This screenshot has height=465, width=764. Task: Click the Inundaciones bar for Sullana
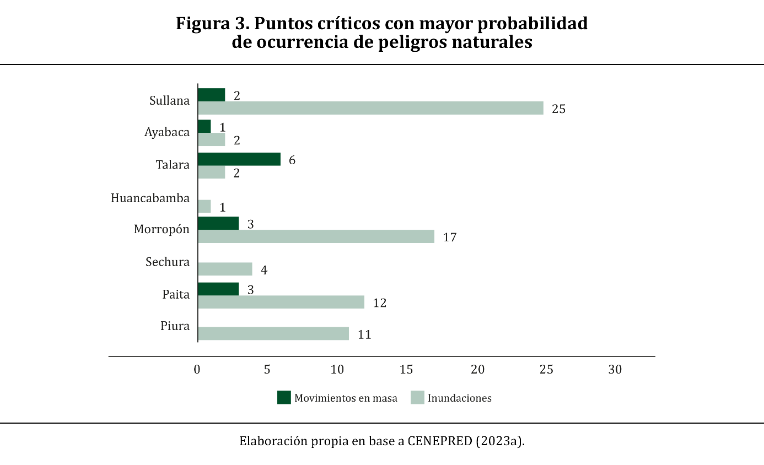[370, 108]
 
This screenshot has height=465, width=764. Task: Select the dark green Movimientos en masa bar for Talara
[239, 159]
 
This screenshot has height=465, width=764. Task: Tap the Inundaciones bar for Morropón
[316, 236]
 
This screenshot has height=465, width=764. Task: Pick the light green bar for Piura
[273, 333]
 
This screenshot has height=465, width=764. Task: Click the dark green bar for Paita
[218, 289]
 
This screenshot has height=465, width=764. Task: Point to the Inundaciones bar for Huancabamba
[205, 207]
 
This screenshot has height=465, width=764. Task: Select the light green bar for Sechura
[225, 269]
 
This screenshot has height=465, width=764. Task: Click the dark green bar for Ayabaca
[205, 126]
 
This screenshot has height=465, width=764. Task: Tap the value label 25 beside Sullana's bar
[558, 109]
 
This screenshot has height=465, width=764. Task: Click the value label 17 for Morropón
[450, 237]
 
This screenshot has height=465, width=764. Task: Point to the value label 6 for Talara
[292, 160]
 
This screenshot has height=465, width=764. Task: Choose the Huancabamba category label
[150, 198]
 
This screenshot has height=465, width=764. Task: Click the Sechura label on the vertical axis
[168, 262]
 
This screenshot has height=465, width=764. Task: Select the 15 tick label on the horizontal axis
[406, 370]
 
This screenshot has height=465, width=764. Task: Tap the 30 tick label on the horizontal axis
[615, 370]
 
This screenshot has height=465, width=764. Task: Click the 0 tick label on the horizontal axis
[197, 370]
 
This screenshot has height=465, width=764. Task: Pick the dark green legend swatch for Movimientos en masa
[284, 397]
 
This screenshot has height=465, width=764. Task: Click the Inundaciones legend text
[460, 398]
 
